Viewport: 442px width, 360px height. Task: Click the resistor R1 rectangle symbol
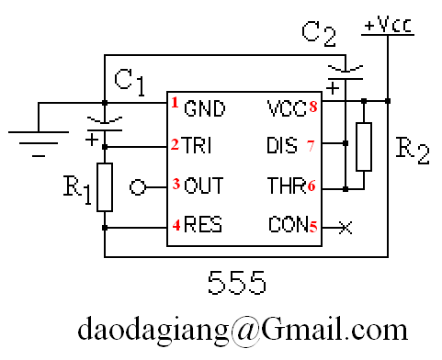(x=105, y=187)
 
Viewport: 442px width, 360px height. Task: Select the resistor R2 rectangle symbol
(x=364, y=147)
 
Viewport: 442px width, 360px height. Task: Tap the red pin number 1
(x=175, y=103)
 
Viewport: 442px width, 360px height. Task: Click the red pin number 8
(x=313, y=107)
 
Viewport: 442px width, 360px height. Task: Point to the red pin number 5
(x=313, y=227)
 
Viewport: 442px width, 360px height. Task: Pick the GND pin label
(x=205, y=108)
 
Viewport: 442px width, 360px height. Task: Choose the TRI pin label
(x=196, y=145)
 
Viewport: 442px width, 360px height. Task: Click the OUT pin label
(x=204, y=186)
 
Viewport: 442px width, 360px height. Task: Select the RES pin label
(x=203, y=224)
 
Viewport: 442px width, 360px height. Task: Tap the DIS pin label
(x=282, y=145)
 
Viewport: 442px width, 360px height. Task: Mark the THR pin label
(x=287, y=186)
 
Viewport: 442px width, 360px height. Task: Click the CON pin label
(x=289, y=224)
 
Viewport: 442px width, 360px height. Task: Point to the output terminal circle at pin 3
(x=138, y=187)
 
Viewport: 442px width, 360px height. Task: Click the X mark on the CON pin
(x=346, y=228)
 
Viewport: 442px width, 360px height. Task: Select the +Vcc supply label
(x=388, y=25)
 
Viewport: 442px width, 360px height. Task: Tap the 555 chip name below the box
(x=237, y=282)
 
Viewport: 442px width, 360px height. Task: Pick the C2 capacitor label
(x=319, y=34)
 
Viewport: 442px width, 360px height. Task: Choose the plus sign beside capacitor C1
(x=92, y=141)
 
